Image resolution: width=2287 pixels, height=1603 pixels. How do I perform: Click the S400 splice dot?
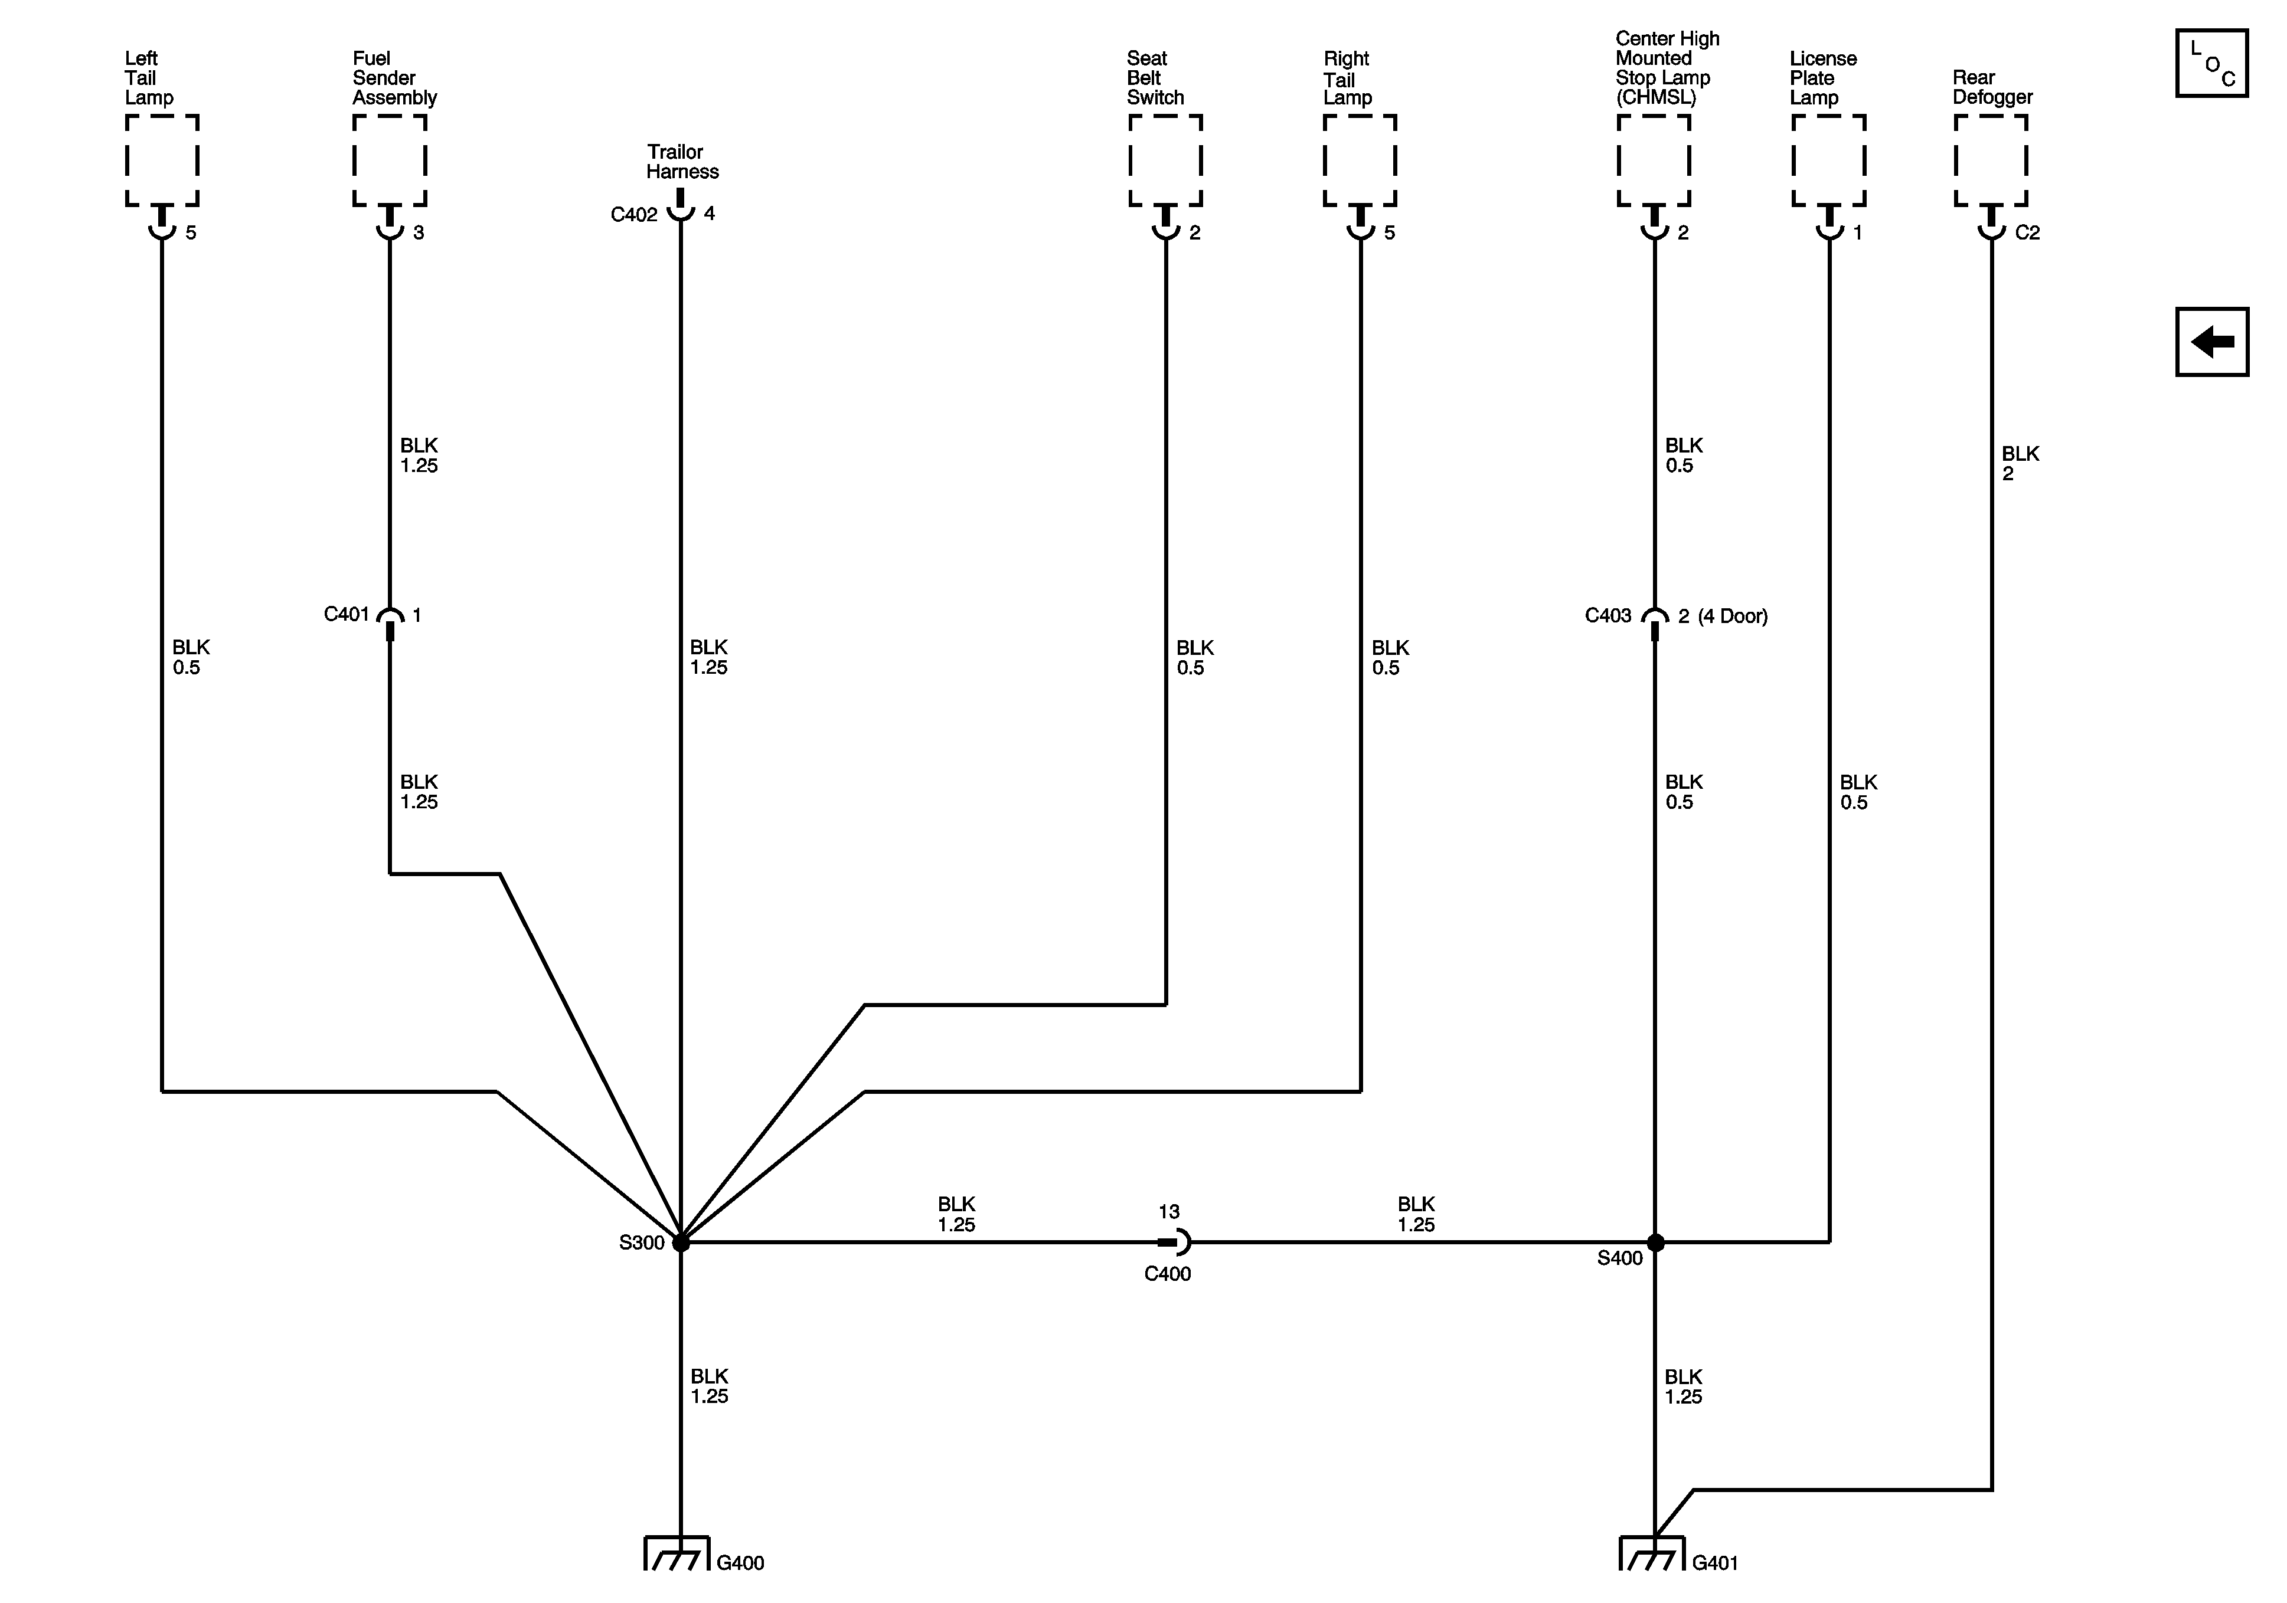1655,1243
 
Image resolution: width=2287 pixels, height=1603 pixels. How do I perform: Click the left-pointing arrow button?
2211,342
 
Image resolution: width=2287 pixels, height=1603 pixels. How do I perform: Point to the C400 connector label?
1167,1273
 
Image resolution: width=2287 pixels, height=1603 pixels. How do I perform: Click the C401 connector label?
347,614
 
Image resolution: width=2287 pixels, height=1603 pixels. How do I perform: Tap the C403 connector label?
1608,615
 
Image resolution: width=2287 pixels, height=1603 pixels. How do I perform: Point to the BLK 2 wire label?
2020,463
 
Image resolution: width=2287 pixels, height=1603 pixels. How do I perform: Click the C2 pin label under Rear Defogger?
2027,233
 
